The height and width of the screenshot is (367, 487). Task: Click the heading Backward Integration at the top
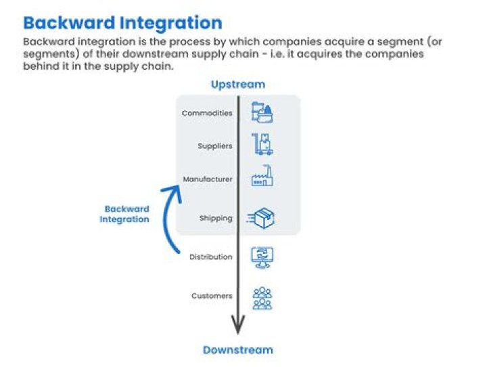click(x=122, y=22)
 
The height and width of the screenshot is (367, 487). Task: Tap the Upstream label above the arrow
click(x=237, y=85)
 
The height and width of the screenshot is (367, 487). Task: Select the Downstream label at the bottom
click(x=237, y=350)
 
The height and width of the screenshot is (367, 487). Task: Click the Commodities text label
click(x=207, y=113)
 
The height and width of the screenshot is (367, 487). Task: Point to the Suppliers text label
click(x=215, y=146)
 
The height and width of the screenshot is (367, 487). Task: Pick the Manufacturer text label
click(x=208, y=179)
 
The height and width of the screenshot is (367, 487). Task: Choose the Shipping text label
click(x=216, y=218)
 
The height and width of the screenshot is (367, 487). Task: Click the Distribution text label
click(x=211, y=257)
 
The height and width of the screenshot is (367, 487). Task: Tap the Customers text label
click(x=212, y=296)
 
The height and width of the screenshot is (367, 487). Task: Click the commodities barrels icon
click(x=262, y=112)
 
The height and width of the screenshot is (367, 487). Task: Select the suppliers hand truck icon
click(x=262, y=145)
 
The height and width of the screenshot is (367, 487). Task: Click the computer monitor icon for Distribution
click(x=262, y=257)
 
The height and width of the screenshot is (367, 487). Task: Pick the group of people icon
click(x=262, y=297)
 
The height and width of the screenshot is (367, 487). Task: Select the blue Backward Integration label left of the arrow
click(x=126, y=214)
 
